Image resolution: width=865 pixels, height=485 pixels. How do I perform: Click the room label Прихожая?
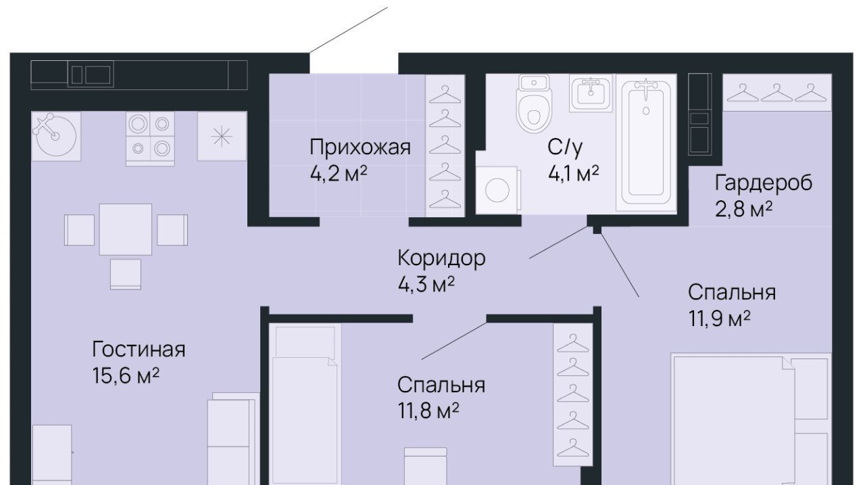coord(360,147)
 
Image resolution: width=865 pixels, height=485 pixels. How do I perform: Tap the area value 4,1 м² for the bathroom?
coord(574,174)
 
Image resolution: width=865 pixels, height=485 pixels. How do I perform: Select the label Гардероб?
coord(764,183)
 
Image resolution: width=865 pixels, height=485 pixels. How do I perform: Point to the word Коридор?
coord(441,258)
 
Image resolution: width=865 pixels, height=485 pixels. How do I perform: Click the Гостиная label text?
coord(139,349)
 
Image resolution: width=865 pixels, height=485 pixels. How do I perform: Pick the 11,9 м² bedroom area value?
coord(719,319)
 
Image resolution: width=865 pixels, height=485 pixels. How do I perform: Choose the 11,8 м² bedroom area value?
coord(428,411)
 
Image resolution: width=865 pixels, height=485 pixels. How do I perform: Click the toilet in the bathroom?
coord(534,103)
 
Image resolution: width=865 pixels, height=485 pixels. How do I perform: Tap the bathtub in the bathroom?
coord(646,142)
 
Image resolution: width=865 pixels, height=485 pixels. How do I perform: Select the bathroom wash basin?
coord(591,93)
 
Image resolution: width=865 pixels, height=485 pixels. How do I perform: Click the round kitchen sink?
coord(56,136)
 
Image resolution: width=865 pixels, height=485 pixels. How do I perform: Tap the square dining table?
coord(126,229)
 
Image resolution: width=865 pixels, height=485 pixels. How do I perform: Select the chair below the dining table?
coord(126,275)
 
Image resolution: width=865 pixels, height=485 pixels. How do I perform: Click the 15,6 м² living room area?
coord(126,375)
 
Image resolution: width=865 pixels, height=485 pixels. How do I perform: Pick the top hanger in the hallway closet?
coord(445,95)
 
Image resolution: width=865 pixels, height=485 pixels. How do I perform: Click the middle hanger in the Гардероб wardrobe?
coord(777,93)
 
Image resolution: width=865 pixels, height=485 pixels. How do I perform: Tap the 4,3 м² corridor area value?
coord(426,285)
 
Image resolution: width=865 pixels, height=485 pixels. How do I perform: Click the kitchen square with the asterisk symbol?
coord(222,136)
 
